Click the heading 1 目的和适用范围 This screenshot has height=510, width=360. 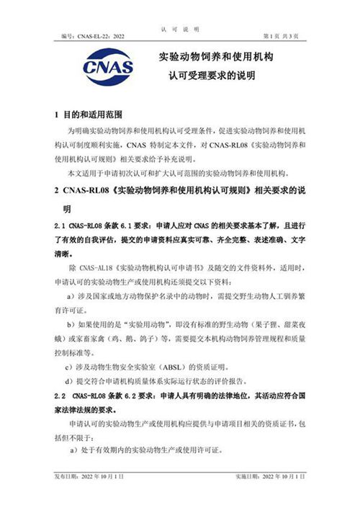[x=90, y=115]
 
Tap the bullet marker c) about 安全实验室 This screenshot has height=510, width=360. [x=71, y=366]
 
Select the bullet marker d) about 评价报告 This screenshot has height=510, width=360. [x=71, y=381]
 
